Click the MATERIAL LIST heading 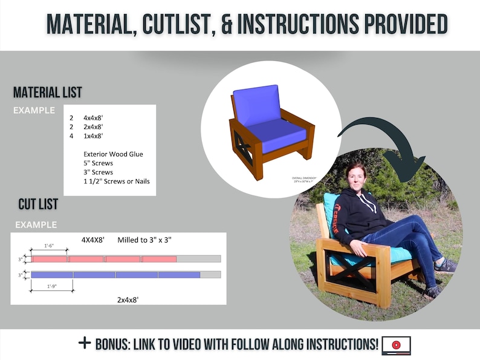[x=47, y=93]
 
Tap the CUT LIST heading [x=38, y=204]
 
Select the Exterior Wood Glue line [x=113, y=154]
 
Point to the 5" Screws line [x=98, y=163]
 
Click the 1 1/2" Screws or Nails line [x=116, y=181]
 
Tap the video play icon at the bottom [x=396, y=345]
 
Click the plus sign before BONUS [x=85, y=343]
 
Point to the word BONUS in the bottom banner [x=115, y=344]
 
